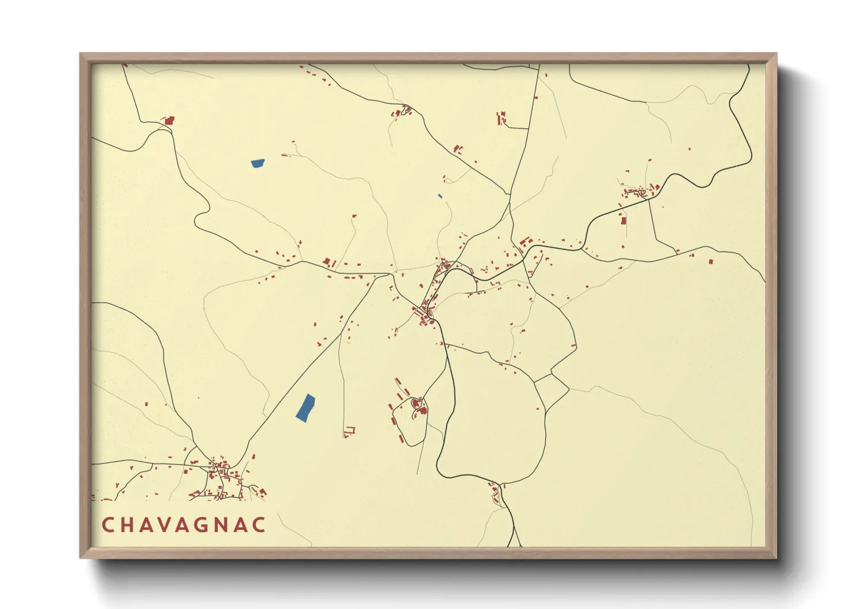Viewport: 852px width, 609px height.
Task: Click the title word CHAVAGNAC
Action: click(x=184, y=525)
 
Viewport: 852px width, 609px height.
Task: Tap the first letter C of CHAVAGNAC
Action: click(x=108, y=525)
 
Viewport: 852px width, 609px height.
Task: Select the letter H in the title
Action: click(x=128, y=525)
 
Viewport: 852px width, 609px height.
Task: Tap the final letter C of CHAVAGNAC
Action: click(x=260, y=525)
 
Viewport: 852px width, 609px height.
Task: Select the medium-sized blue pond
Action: click(x=257, y=163)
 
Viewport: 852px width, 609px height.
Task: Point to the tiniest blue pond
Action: click(x=440, y=196)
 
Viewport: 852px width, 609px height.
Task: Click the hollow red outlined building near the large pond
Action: click(x=349, y=430)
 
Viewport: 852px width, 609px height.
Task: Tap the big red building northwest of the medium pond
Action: click(x=169, y=121)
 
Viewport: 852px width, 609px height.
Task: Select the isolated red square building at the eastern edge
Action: click(x=710, y=261)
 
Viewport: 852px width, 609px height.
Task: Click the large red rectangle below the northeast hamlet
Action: click(x=623, y=219)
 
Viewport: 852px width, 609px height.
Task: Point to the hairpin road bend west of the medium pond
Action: click(x=199, y=219)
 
